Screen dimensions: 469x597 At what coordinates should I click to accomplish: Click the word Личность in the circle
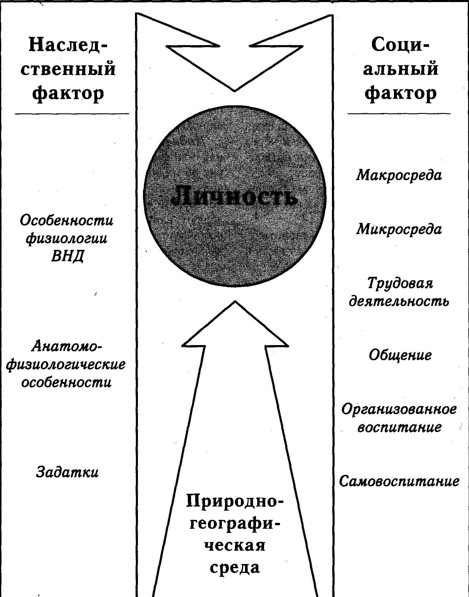234,196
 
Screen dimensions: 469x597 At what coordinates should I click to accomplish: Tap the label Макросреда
399,175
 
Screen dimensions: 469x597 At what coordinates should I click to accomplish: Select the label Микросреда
399,229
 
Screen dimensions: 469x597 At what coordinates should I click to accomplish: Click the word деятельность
399,301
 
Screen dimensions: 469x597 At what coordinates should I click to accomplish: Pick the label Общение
400,355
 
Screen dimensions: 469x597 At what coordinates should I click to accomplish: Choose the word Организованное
399,410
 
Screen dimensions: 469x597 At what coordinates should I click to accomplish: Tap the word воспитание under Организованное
400,428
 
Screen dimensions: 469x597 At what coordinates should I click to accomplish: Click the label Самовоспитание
399,481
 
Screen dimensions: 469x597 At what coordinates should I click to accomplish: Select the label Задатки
67,472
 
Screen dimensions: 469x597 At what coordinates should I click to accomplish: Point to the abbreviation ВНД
67,256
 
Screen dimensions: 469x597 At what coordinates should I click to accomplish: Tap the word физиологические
66,364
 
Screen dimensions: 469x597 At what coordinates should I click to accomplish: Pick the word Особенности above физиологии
67,220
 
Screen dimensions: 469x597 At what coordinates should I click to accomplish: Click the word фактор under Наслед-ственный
68,93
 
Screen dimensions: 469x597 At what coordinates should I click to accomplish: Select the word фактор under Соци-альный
400,93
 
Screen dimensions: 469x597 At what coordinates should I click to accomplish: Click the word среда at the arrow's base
235,567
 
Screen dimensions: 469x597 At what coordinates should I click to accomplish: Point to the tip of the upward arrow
235,302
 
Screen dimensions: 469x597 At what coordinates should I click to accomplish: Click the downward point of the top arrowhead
235,90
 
